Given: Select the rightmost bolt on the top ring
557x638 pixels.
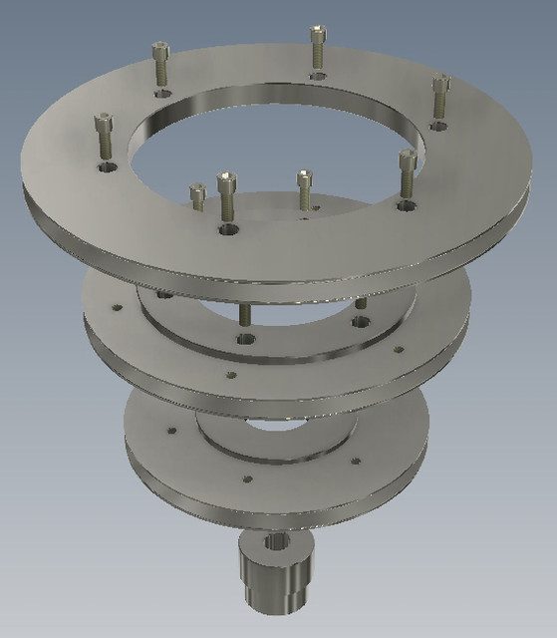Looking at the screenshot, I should (x=440, y=86).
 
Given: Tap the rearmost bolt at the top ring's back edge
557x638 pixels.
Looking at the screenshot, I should (x=317, y=37).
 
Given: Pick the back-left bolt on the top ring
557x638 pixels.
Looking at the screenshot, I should (x=159, y=52).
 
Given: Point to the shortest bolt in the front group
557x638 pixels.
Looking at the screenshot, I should (x=197, y=190).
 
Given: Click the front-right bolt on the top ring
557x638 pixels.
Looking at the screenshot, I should (x=406, y=162).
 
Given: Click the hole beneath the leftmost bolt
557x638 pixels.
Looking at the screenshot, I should (x=105, y=169).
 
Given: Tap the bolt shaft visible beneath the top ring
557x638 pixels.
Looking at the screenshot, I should (x=244, y=314).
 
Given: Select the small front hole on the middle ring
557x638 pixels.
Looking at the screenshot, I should (x=231, y=377).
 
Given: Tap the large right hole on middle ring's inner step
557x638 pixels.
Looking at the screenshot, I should (x=360, y=323).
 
